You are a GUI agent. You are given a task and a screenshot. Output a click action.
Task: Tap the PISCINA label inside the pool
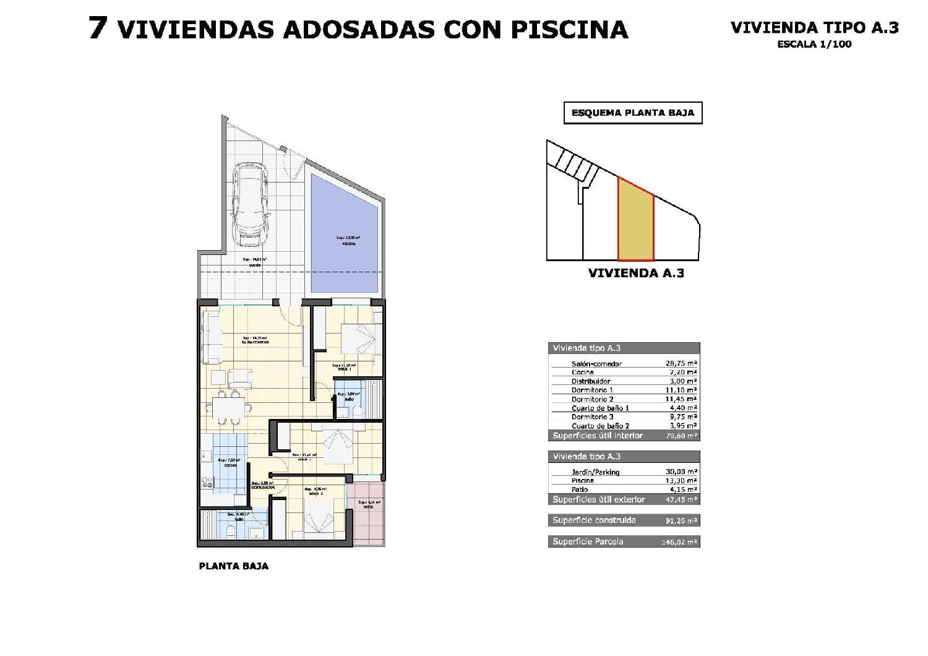[x=349, y=244]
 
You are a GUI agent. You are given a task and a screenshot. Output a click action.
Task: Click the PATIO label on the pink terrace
[x=368, y=507]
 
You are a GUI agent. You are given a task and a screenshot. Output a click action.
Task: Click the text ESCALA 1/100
[x=814, y=44]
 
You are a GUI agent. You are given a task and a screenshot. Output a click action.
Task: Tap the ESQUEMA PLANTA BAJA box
[x=633, y=113]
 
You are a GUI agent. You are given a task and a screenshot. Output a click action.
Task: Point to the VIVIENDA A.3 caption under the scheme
[x=636, y=273]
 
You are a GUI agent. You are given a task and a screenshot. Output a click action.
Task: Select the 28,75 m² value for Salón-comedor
[x=680, y=364]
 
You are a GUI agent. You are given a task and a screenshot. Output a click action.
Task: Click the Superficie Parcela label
[x=588, y=542]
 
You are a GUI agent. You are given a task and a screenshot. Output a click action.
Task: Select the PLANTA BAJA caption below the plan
[x=234, y=566]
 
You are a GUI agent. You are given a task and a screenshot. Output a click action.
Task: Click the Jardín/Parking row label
[x=595, y=472]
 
